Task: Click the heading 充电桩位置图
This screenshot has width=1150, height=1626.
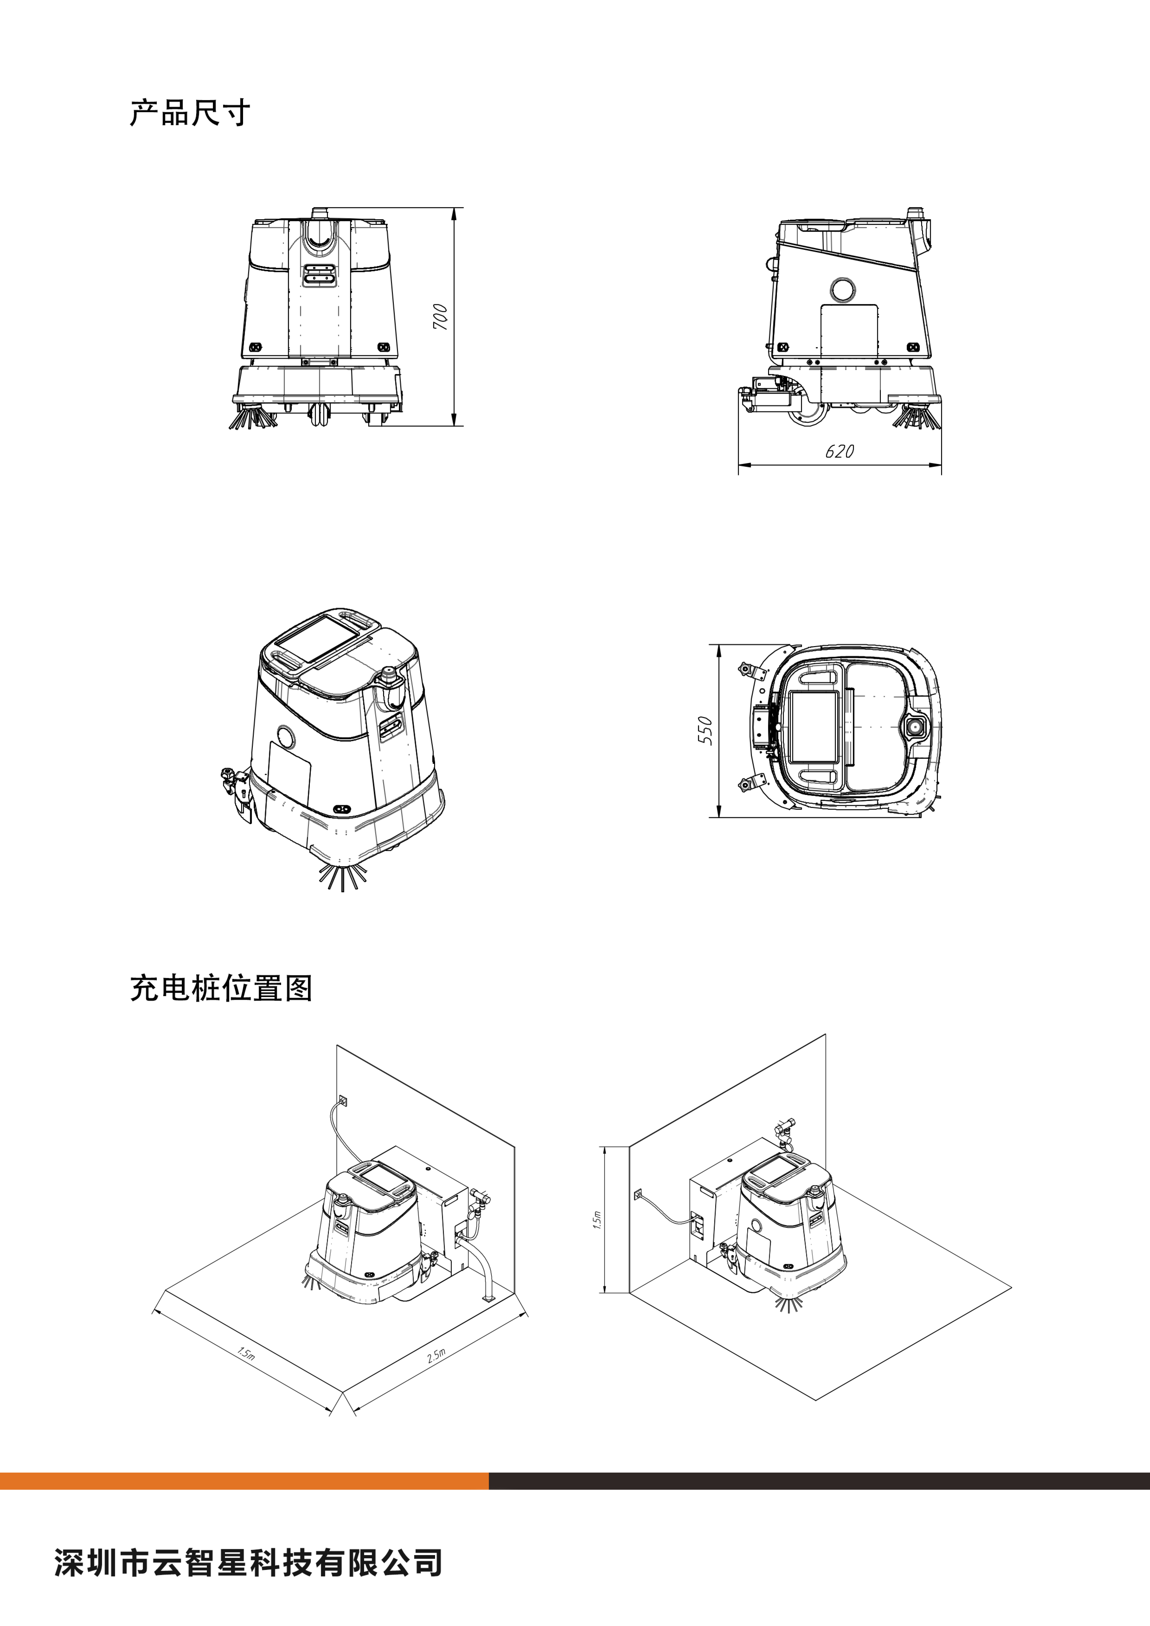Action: (221, 988)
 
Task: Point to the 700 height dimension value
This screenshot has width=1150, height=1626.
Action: (440, 317)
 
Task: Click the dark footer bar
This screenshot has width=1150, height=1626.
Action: (819, 1481)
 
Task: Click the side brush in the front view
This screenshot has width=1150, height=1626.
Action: (252, 418)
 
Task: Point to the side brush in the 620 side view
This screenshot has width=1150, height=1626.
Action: (916, 417)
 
